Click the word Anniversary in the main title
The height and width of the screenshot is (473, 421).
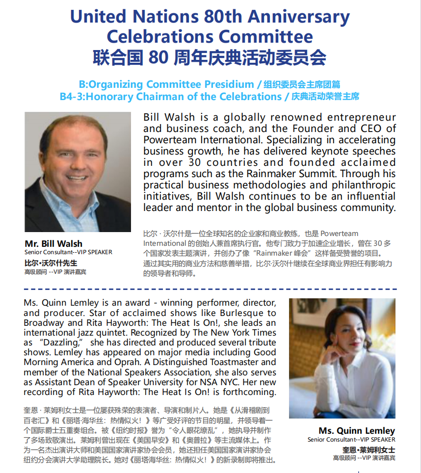tap(298, 17)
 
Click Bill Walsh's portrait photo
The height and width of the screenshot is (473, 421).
tap(78, 172)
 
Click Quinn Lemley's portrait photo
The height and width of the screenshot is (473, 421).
tap(342, 358)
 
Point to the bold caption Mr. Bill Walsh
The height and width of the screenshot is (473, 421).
tap(53, 244)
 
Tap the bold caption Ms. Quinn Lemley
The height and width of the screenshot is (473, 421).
tap(356, 431)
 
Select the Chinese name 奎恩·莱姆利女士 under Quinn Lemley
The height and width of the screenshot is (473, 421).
tap(368, 449)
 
